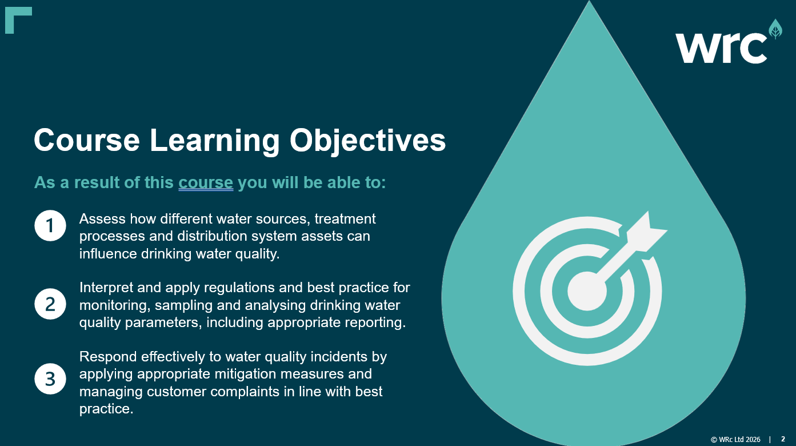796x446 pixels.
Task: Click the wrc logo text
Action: pos(721,48)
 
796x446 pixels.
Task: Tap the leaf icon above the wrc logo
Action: pos(775,29)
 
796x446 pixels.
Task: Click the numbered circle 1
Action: pos(50,225)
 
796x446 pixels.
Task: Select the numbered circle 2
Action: pos(50,304)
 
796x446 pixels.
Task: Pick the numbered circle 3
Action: pos(50,379)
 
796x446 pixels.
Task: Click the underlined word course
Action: pos(206,183)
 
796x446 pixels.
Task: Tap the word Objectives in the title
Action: pos(367,140)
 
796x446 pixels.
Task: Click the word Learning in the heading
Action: pos(215,141)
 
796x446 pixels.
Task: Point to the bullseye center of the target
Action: pos(587,291)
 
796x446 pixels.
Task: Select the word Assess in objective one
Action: pos(102,219)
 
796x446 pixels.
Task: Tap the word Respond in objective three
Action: pos(108,357)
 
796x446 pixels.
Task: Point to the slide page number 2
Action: pos(783,439)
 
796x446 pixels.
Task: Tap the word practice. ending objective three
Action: pos(106,409)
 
